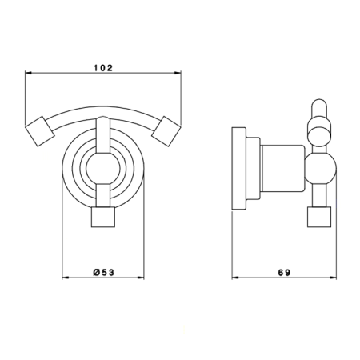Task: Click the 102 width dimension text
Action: tap(103, 68)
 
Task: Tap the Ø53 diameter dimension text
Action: tap(104, 272)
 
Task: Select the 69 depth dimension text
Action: tap(284, 273)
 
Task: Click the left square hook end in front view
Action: tap(40, 131)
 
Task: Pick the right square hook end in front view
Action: tap(166, 131)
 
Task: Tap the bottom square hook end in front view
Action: tap(103, 217)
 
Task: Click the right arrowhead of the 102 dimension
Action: tap(178, 73)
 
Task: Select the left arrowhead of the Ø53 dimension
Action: tap(66, 278)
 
